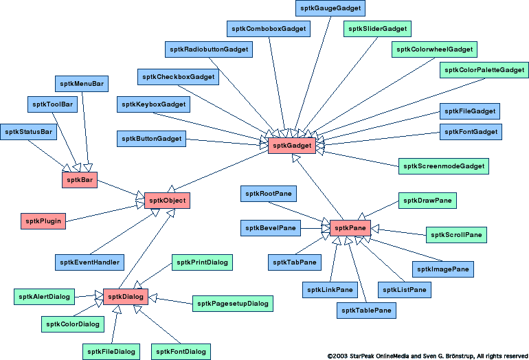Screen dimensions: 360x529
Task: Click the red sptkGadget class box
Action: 292,146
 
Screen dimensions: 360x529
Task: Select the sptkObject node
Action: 166,201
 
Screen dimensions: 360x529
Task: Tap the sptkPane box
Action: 350,228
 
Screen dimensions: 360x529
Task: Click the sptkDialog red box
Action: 126,297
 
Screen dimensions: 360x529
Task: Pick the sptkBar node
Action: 79,180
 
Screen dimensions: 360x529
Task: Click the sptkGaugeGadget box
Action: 330,8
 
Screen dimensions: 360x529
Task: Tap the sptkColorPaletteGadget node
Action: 484,70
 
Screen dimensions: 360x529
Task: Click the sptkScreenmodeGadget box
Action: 443,166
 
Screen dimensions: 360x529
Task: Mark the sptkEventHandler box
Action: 89,262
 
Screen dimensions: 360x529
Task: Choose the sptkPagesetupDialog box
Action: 233,304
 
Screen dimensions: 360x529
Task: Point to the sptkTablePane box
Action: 367,311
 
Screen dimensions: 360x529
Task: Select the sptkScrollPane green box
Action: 456,235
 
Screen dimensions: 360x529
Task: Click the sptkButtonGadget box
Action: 152,139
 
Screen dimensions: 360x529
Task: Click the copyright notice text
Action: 427,356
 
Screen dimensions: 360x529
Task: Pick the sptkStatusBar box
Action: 29,132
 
